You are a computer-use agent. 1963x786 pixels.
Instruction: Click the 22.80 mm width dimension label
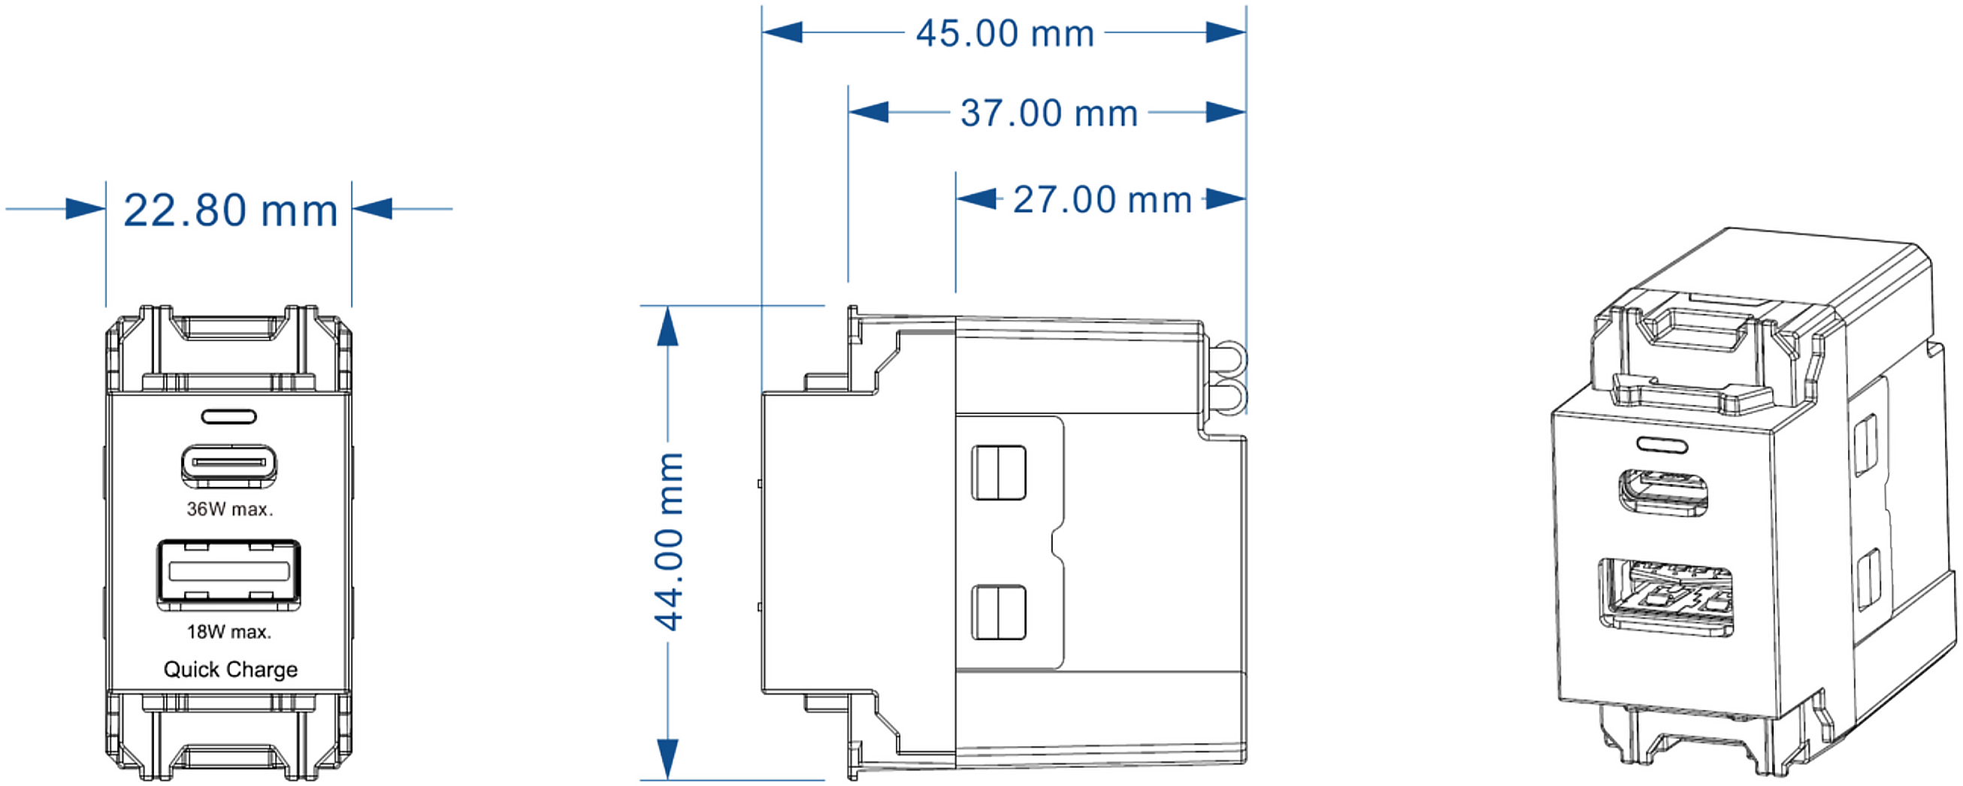click(x=230, y=210)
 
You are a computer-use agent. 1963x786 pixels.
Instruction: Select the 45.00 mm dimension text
click(x=1004, y=34)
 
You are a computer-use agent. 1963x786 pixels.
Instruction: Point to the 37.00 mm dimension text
click(x=1048, y=113)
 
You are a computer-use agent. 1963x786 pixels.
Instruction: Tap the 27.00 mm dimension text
click(x=1102, y=201)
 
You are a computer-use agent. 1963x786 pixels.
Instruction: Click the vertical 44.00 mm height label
click(x=669, y=541)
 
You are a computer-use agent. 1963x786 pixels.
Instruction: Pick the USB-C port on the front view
click(x=228, y=464)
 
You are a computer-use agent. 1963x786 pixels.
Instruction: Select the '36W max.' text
click(x=229, y=509)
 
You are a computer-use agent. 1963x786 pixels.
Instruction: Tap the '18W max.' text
click(x=228, y=631)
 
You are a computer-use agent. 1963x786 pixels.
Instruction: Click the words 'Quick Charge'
click(x=230, y=669)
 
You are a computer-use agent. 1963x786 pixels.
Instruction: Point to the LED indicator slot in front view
click(x=228, y=416)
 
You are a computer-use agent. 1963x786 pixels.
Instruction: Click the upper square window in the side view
click(x=998, y=473)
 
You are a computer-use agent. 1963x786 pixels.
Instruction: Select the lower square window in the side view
click(x=998, y=612)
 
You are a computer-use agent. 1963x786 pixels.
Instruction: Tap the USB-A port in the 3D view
click(x=1665, y=597)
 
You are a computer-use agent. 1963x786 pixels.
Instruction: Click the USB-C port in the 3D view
click(x=1662, y=493)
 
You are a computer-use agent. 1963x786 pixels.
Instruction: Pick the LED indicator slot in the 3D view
click(x=1662, y=443)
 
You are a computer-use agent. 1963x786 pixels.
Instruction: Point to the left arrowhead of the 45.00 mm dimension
click(x=782, y=32)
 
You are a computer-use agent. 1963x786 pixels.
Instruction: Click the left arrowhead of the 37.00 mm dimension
click(x=869, y=112)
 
